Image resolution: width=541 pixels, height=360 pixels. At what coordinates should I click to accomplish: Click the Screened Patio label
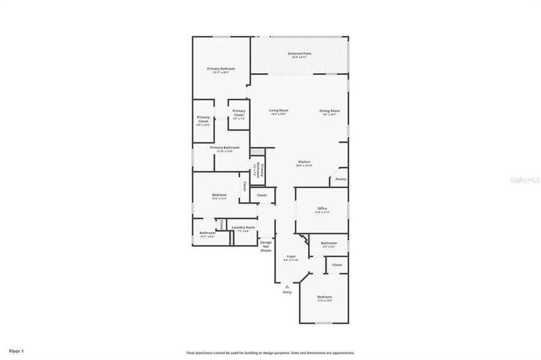[299, 53]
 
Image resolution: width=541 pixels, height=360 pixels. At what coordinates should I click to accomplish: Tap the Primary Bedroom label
[221, 69]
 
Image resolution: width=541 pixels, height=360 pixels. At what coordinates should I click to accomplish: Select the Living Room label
[279, 110]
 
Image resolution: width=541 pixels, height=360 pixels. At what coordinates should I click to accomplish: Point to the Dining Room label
[330, 110]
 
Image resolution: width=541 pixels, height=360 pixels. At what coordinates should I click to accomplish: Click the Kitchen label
[304, 163]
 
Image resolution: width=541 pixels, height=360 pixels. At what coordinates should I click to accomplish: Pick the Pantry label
[340, 179]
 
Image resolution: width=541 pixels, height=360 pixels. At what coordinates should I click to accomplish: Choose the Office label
[322, 209]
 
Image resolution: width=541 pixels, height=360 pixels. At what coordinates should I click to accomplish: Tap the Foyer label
[291, 257]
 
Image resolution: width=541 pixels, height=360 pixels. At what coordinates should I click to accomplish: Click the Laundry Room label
[243, 227]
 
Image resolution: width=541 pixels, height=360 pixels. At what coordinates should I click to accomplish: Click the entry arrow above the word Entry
[287, 287]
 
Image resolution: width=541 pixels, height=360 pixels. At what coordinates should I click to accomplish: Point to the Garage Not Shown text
[266, 246]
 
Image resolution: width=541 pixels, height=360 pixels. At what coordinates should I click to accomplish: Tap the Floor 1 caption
[16, 350]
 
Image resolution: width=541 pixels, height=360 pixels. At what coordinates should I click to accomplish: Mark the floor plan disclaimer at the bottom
[270, 353]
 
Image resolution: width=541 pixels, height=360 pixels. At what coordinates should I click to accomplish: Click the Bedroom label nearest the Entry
[324, 297]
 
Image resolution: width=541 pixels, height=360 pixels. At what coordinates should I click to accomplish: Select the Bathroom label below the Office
[328, 243]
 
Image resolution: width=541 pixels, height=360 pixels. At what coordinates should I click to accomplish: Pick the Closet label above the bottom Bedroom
[337, 265]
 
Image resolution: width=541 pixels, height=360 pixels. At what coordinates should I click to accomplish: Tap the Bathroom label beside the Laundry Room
[208, 233]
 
